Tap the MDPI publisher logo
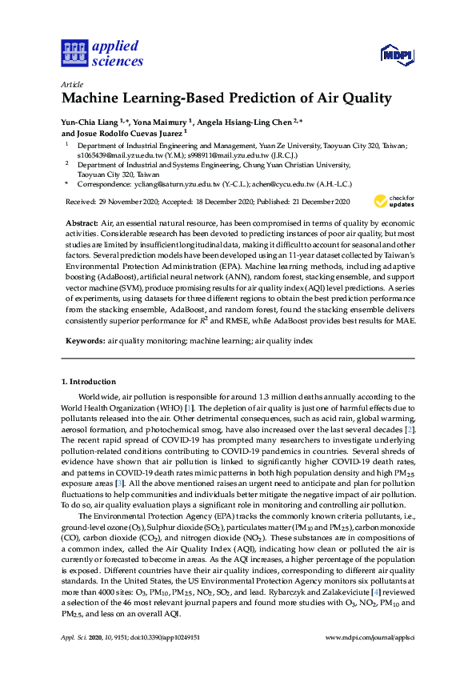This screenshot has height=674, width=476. (x=395, y=54)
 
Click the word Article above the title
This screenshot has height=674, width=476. (x=70, y=84)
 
